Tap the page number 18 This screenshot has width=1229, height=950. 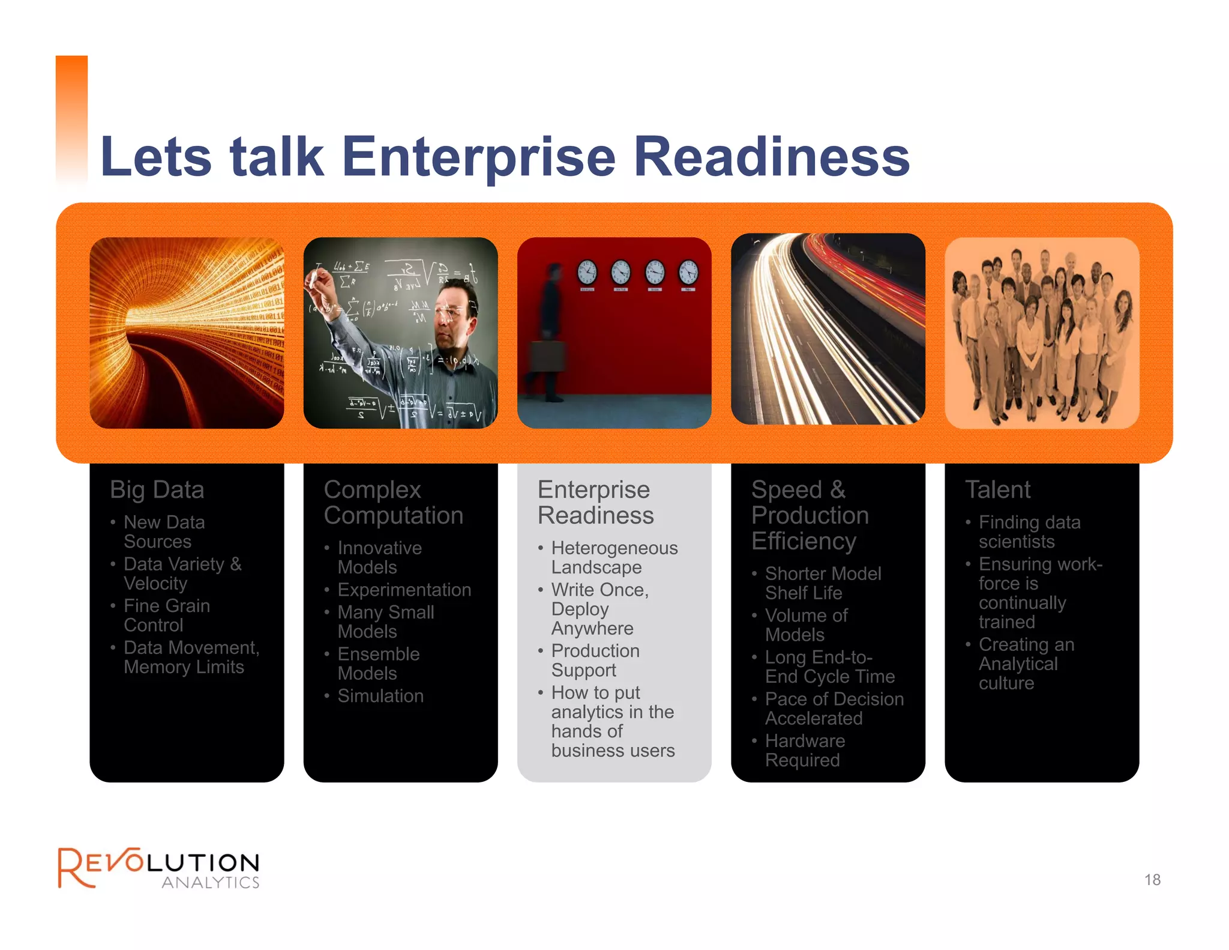click(x=1152, y=880)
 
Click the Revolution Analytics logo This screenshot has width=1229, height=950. click(x=158, y=868)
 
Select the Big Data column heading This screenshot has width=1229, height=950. click(x=157, y=490)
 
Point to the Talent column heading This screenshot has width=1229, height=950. click(x=997, y=490)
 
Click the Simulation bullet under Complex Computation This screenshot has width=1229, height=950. click(x=380, y=696)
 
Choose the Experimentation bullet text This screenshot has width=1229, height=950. click(x=404, y=590)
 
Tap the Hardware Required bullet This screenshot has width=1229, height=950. click(x=804, y=751)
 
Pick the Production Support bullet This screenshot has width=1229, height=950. click(x=595, y=661)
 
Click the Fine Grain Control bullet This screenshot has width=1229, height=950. click(x=166, y=616)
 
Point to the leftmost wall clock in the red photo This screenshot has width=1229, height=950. click(x=587, y=272)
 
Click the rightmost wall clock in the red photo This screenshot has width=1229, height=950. click(x=688, y=272)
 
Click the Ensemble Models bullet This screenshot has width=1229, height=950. click(x=378, y=664)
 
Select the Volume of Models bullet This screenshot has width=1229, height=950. click(x=805, y=625)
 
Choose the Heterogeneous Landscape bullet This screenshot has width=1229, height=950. click(x=614, y=558)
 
